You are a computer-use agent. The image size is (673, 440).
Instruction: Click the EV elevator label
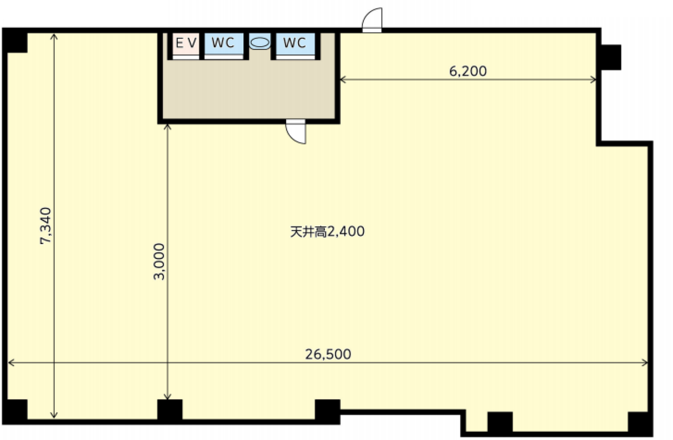(x=186, y=43)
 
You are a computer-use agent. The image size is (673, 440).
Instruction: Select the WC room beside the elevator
(x=224, y=44)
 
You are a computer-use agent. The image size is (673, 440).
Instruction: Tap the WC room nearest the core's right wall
(x=295, y=44)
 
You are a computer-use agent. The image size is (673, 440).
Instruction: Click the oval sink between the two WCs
(x=260, y=43)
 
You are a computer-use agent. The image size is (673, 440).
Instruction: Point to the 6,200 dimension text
(x=468, y=71)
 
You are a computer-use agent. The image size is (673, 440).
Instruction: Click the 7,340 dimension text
(x=46, y=226)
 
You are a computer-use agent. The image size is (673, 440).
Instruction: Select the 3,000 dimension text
(x=159, y=261)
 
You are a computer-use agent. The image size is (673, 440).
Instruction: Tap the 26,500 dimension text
(x=328, y=354)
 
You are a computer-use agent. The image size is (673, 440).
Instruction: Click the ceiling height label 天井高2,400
(x=328, y=232)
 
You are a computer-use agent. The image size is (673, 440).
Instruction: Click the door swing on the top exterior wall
(x=372, y=20)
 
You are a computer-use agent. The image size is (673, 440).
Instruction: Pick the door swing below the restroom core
(x=295, y=131)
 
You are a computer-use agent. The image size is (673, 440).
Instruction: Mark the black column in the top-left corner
(x=15, y=40)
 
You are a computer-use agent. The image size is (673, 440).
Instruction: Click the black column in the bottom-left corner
(x=15, y=412)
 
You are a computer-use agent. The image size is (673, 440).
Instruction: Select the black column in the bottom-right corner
(x=640, y=424)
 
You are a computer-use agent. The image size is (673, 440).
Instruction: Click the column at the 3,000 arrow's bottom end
(x=170, y=411)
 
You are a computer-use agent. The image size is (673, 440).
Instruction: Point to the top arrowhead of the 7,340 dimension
(x=54, y=36)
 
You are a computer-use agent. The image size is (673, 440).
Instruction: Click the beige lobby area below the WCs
(x=249, y=89)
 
